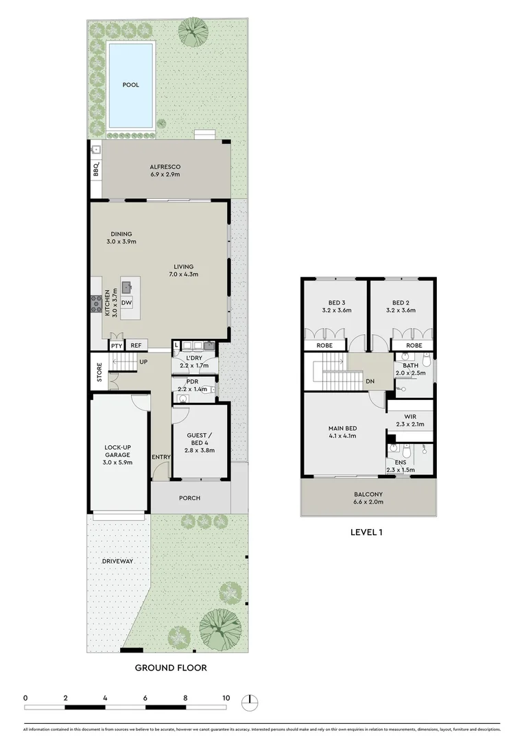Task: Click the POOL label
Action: pos(130,85)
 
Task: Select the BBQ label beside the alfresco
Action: pos(96,169)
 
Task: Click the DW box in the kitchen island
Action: pos(127,303)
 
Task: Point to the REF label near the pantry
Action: pos(136,346)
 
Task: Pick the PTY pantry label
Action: pos(116,346)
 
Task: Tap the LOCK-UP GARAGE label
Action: pos(118,454)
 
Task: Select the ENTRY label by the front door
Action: pos(162,457)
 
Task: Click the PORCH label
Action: pos(189,498)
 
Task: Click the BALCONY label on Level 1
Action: pos(368,494)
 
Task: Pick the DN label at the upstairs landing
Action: pos(370,381)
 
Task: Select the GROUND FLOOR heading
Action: pos(170,667)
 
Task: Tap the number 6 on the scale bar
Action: pos(145,698)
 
